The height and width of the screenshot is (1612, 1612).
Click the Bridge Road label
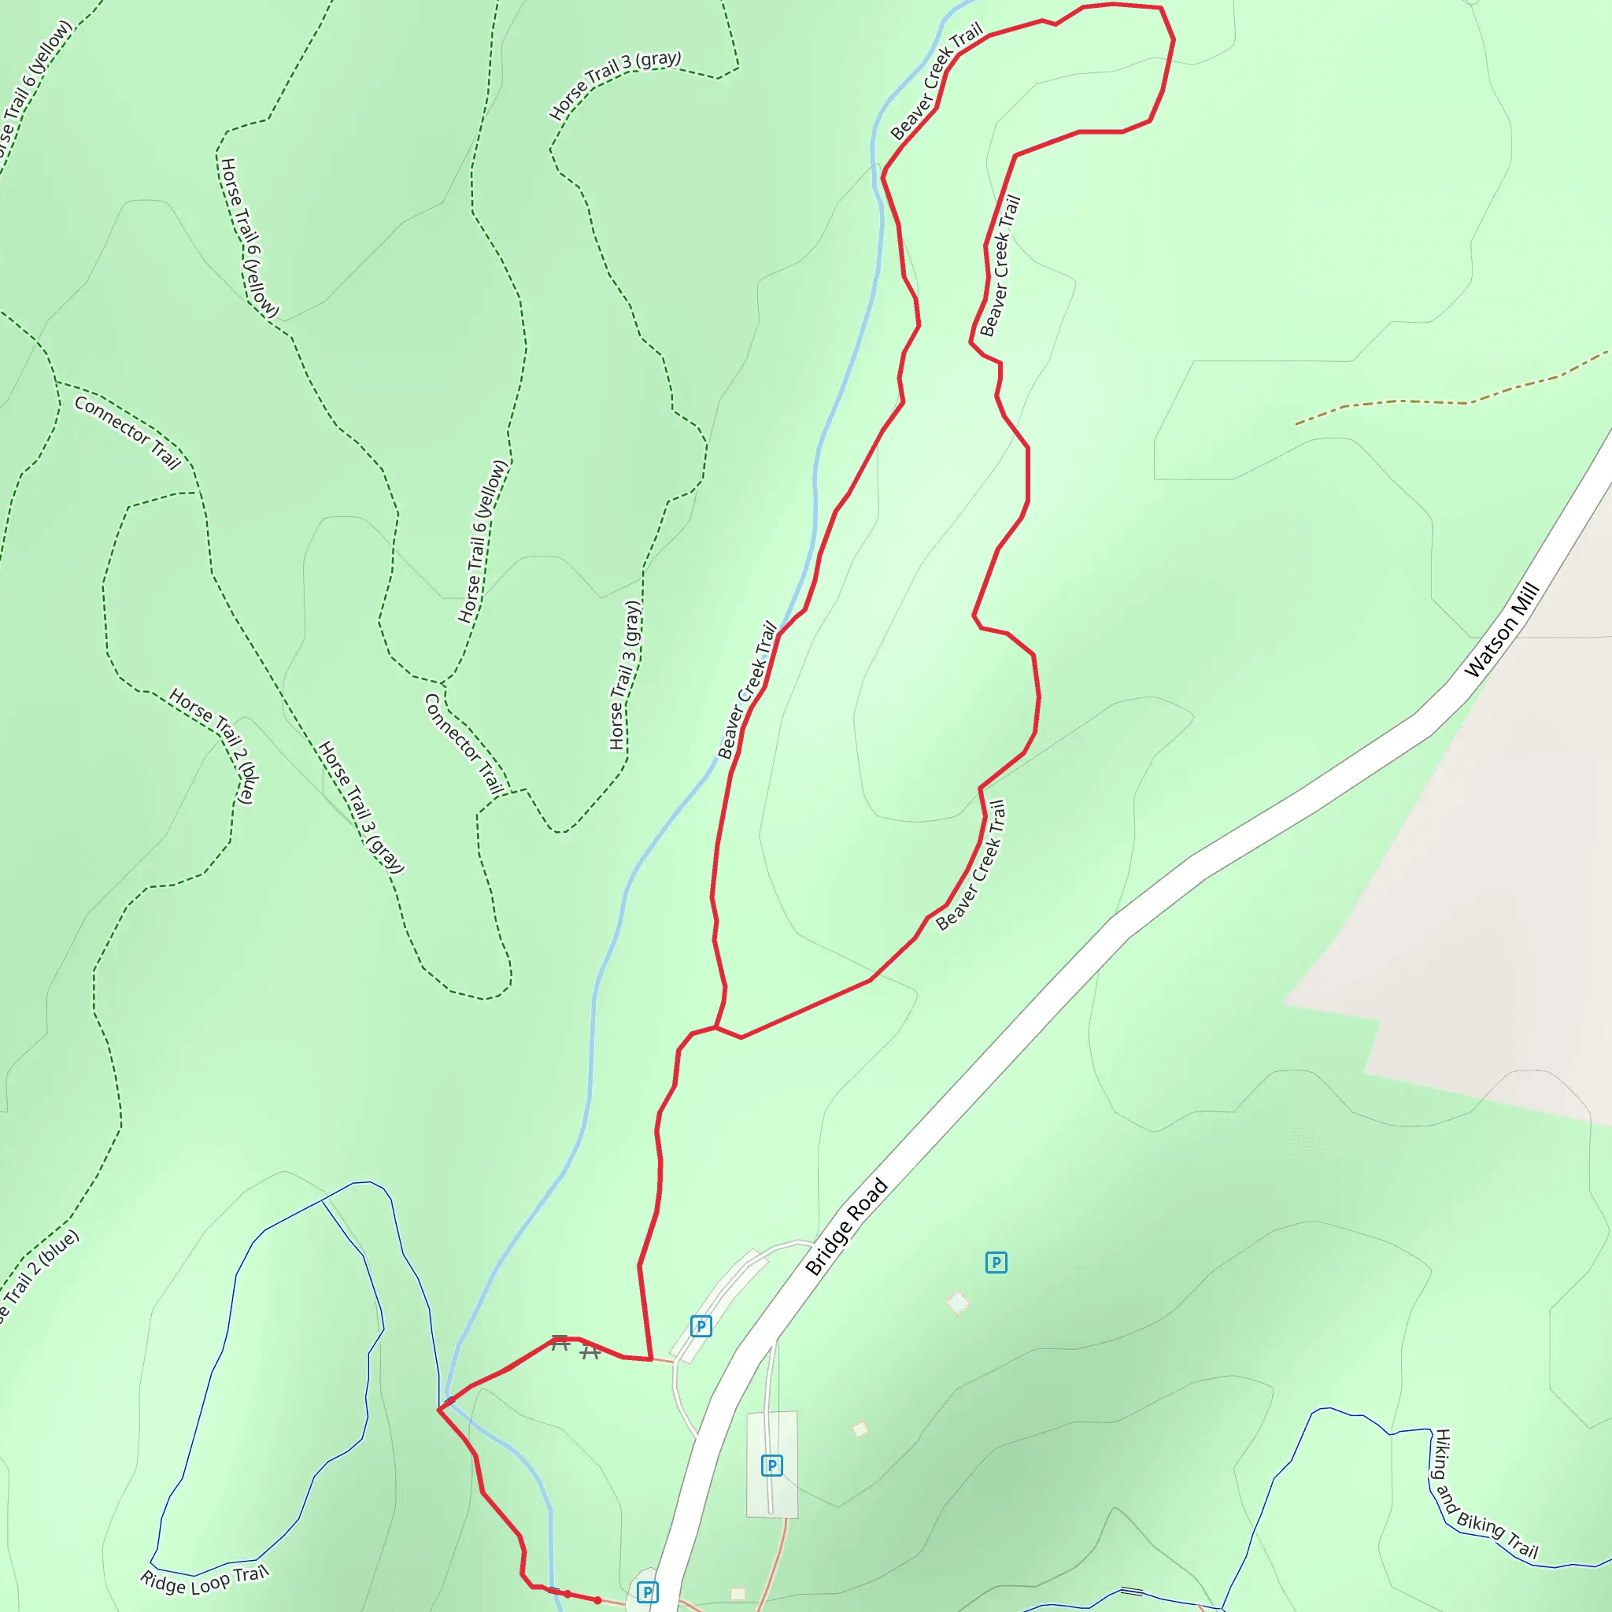846,1226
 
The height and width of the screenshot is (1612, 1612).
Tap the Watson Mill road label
1501,629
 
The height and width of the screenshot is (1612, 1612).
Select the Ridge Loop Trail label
205,1580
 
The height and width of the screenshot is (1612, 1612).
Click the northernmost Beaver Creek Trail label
937,82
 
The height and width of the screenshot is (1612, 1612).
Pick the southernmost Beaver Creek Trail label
971,865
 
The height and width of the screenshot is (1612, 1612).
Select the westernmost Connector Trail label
128,432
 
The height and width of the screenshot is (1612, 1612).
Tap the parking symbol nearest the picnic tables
701,1325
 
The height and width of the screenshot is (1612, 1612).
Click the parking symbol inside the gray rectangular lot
772,1465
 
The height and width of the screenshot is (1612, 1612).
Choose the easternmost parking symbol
996,1263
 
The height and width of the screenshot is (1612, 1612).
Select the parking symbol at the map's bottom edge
648,1592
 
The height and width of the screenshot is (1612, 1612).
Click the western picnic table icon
560,1343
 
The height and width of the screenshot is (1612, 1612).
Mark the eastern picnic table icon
590,1351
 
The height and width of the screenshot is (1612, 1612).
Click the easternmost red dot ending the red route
597,1599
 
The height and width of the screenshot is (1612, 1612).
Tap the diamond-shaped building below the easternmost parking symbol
958,1302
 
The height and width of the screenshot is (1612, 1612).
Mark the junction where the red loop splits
716,1027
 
